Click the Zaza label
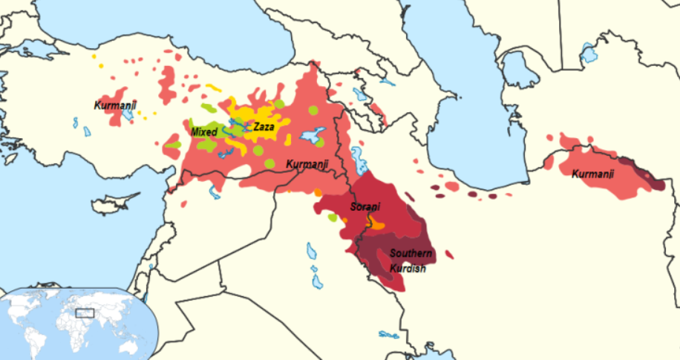(x=264, y=127)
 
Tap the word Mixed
(x=203, y=132)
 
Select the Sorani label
(x=364, y=208)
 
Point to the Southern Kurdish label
(x=411, y=261)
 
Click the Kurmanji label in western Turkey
(x=116, y=105)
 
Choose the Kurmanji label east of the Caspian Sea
(x=592, y=174)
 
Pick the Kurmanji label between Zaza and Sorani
(x=307, y=163)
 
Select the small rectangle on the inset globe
(x=85, y=312)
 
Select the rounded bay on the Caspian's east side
(x=520, y=71)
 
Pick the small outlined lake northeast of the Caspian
(x=588, y=54)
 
